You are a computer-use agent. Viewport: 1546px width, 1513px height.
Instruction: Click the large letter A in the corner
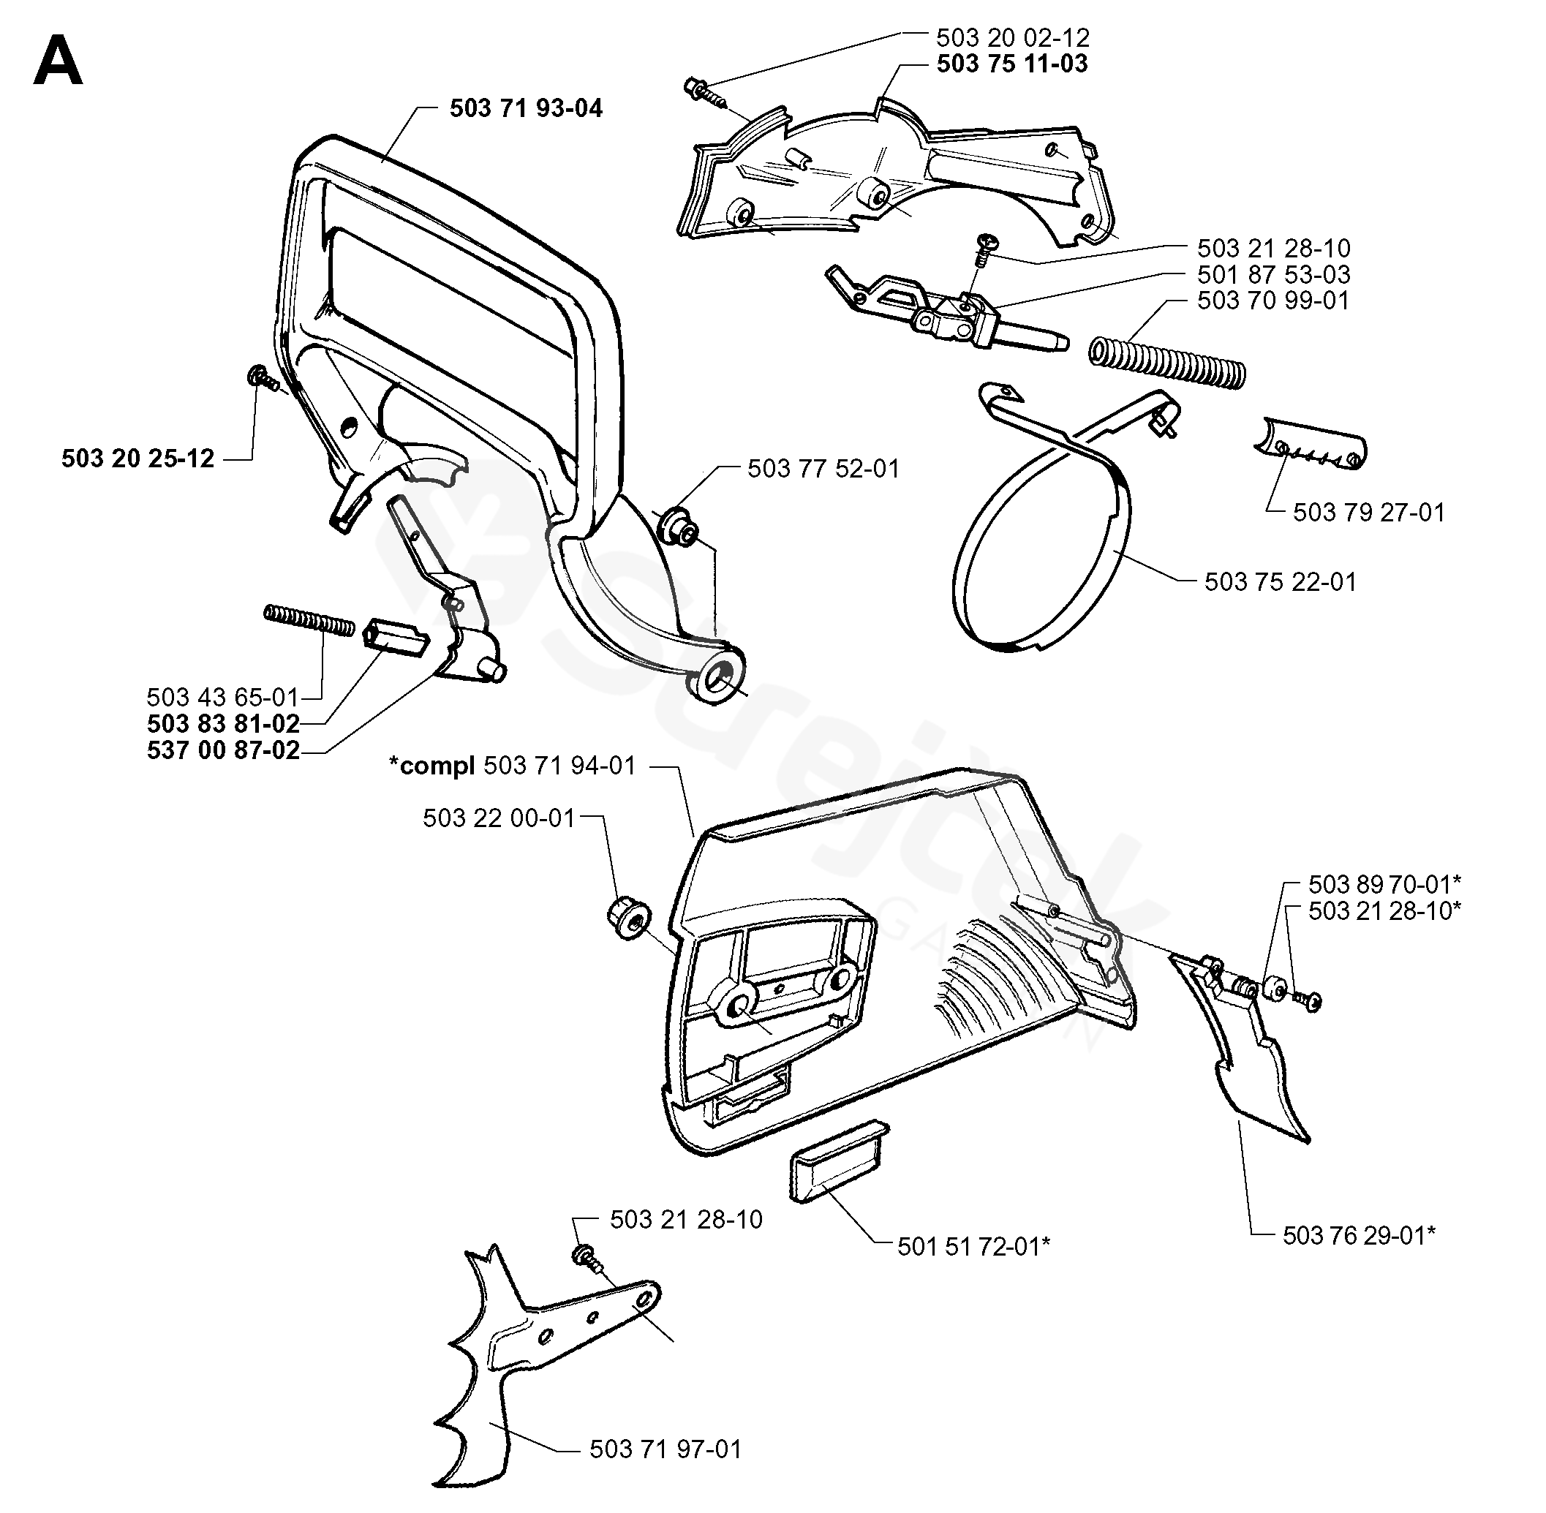[58, 61]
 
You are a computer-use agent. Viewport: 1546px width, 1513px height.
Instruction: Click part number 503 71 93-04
[527, 108]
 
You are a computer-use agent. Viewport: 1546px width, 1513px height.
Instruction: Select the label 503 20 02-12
[1013, 37]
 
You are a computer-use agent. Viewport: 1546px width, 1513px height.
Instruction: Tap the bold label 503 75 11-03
[1013, 64]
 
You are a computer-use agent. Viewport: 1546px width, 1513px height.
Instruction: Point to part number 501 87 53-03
[1274, 274]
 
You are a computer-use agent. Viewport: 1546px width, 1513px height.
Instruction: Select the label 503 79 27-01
[1369, 512]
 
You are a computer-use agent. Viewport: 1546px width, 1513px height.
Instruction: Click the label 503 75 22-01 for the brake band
[1281, 581]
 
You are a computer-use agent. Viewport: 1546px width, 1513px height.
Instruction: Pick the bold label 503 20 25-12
[138, 459]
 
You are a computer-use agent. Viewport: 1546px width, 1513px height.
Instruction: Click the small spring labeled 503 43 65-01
[309, 620]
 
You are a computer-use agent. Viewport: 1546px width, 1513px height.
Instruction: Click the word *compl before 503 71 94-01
[431, 766]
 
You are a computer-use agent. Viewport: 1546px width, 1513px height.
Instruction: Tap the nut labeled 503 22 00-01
[630, 920]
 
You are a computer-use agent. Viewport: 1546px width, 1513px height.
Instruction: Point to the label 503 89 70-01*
[1384, 883]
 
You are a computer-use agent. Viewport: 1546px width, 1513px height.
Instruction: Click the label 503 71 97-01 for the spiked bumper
[665, 1449]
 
